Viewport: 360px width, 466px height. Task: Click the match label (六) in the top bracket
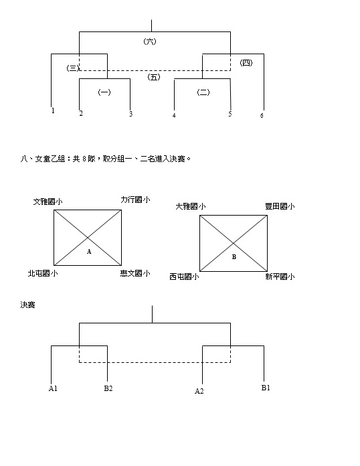point(150,42)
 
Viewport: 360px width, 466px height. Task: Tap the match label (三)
point(73,68)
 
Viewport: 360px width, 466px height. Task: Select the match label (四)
point(246,63)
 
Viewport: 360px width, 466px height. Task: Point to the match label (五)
point(153,77)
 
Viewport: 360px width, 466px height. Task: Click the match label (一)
point(104,92)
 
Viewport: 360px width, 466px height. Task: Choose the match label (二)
point(203,92)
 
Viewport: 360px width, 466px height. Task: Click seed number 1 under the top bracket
point(53,111)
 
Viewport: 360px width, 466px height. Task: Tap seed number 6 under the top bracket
point(262,115)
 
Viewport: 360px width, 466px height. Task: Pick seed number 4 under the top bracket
point(174,115)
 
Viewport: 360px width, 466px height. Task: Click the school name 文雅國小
point(48,202)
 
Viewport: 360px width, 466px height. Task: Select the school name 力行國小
point(135,200)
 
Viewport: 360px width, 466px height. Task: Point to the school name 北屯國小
point(43,273)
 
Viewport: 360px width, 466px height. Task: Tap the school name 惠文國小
point(135,273)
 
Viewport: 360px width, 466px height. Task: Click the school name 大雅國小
point(191,206)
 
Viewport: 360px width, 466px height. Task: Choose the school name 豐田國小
point(280,206)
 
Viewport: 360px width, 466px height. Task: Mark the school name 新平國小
point(280,277)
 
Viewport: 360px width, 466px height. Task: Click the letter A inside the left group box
point(89,252)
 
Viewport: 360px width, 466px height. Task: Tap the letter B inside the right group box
point(234,257)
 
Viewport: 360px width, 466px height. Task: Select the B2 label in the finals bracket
point(108,388)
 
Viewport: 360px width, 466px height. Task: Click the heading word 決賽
point(27,305)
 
